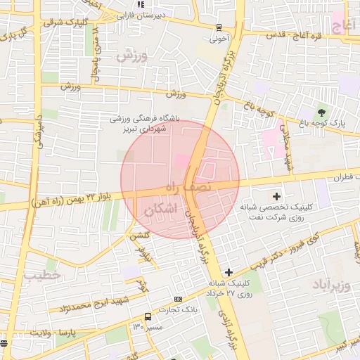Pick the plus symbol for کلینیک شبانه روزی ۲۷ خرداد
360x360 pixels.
tap(229, 272)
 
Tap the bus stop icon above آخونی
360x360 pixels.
tap(219, 27)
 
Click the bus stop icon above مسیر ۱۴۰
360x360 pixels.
tap(147, 316)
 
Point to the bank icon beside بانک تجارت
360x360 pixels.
tap(178, 299)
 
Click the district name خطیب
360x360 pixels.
tap(39, 275)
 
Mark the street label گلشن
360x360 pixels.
tap(138, 236)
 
